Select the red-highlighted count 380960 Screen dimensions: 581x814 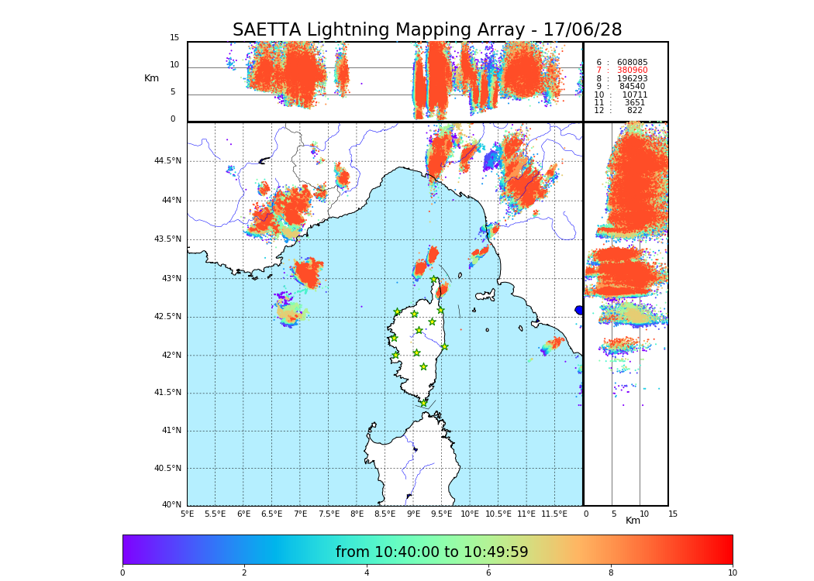632,70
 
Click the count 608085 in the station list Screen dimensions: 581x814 632,63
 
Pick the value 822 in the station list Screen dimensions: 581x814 634,111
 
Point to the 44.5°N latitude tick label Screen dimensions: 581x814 167,161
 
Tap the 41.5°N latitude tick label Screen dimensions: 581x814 167,393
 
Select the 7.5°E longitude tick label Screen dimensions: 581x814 329,514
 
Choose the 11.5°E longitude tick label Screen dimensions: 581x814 554,514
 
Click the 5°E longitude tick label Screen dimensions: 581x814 188,514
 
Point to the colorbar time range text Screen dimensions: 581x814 431,552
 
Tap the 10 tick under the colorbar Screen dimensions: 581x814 732,573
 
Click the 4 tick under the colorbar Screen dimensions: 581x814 367,573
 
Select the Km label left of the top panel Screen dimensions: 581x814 151,78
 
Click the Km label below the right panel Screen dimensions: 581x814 633,521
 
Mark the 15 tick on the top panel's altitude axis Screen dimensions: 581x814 174,38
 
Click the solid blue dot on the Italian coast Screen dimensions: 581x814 579,310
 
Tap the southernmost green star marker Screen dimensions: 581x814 423,403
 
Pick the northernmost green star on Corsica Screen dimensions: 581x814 434,280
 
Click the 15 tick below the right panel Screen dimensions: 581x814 673,514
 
